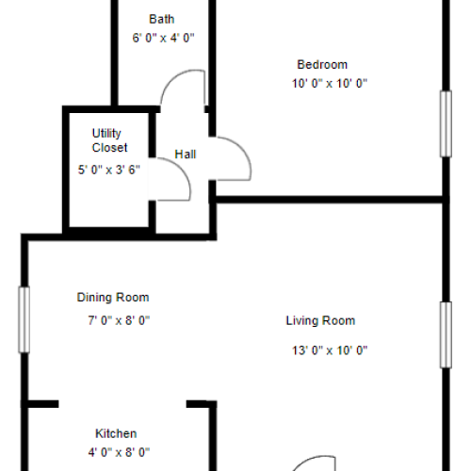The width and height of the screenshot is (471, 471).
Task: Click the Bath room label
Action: (x=162, y=19)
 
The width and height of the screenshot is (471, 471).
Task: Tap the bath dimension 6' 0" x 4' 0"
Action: (x=162, y=39)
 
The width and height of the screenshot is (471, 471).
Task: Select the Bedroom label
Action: (x=322, y=65)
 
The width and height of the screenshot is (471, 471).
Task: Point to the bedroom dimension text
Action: (x=329, y=83)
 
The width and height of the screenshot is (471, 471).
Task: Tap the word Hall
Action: (x=186, y=154)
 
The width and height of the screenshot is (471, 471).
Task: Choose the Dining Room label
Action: (x=113, y=298)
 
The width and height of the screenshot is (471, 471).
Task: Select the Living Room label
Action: (x=320, y=320)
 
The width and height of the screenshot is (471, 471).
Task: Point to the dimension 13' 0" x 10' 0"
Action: (x=329, y=350)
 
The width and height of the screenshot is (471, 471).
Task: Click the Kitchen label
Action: (x=117, y=433)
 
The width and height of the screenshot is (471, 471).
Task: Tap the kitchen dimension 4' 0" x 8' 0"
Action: (x=117, y=452)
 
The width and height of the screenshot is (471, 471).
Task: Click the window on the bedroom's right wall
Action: (x=444, y=122)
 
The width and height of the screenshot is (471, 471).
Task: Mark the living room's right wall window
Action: (x=444, y=334)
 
